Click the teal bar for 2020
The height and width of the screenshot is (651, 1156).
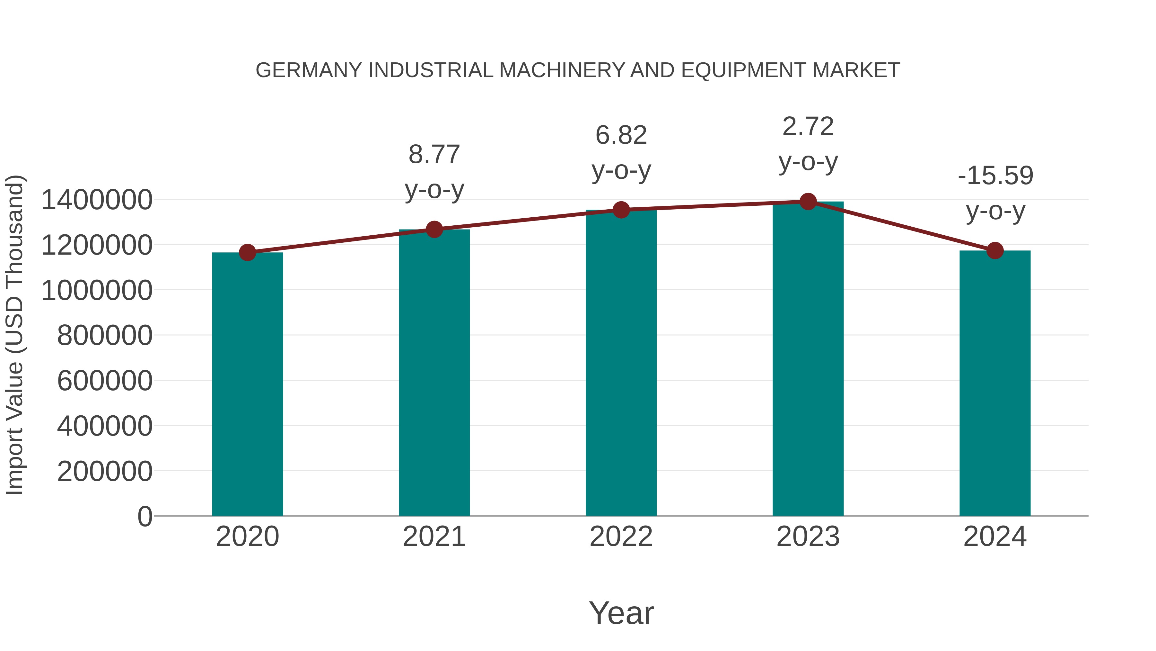pos(247,384)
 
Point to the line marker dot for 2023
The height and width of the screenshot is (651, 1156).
pos(808,202)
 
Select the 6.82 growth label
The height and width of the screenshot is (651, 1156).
pos(621,152)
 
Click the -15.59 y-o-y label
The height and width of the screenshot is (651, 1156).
pos(995,193)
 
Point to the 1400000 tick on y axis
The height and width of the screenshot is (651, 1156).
pos(96,200)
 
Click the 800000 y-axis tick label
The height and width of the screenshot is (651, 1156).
pos(105,336)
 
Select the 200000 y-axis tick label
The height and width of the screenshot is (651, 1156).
pos(105,472)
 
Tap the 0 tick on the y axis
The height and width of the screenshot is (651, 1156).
pos(144,517)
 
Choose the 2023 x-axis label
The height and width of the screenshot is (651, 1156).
pos(808,537)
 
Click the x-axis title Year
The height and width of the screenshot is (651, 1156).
pos(621,613)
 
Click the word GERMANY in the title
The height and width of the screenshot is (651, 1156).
pos(308,70)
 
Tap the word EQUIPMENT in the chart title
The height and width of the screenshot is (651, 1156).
pos(743,70)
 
